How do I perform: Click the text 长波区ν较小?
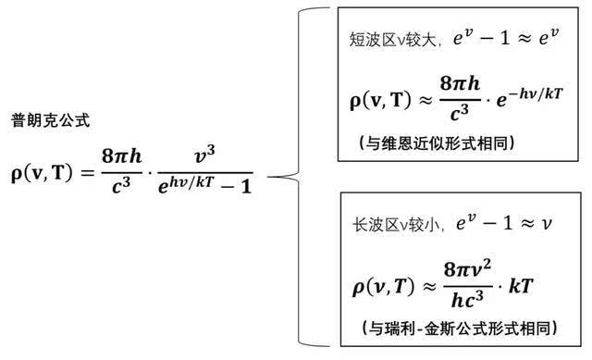pos(393,223)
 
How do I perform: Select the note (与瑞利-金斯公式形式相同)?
pos(454,328)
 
